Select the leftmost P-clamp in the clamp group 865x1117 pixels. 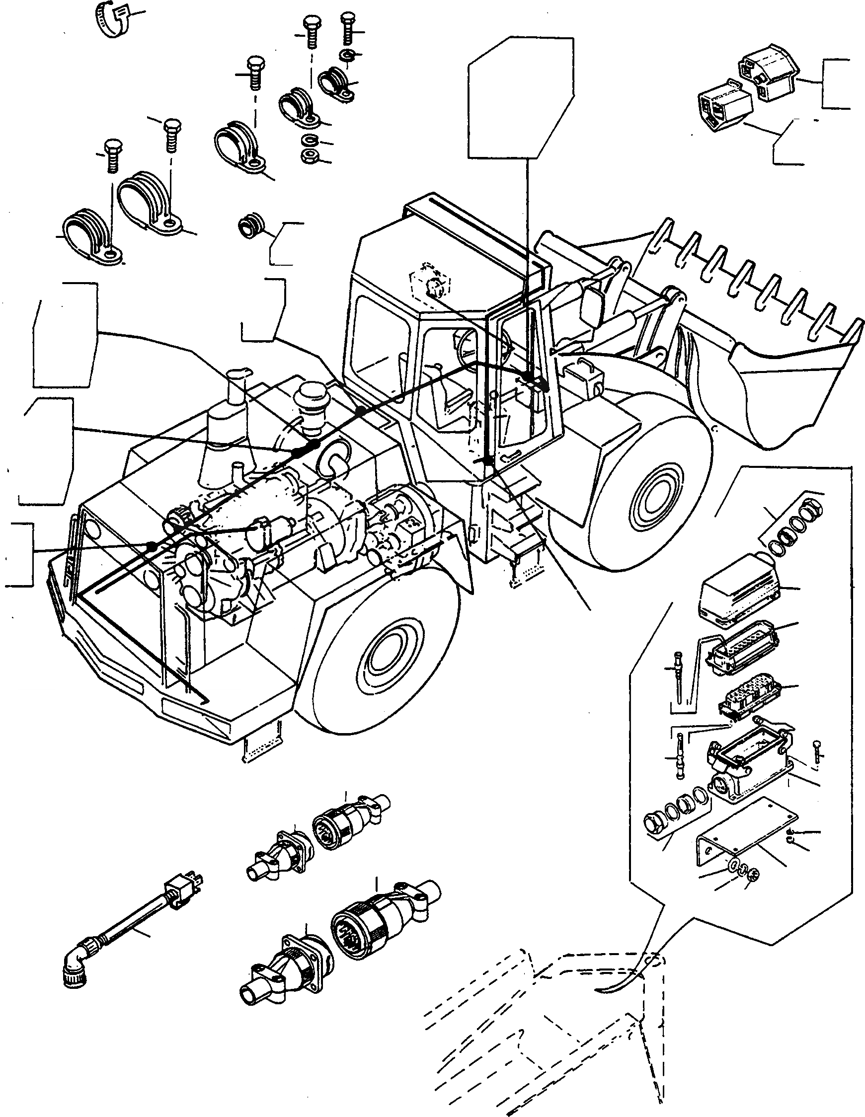[x=91, y=236]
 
